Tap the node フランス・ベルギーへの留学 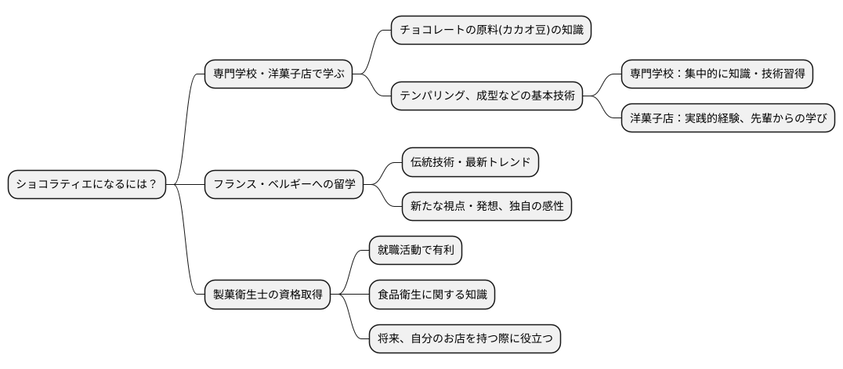[x=284, y=185]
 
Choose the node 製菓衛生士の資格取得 [x=267, y=295]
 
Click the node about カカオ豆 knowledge [x=490, y=31]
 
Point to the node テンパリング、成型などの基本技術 [x=487, y=96]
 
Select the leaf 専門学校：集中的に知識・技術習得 [x=717, y=74]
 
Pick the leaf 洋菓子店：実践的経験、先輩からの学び [x=728, y=118]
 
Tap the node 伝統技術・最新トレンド [x=470, y=163]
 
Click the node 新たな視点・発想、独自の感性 [x=487, y=207]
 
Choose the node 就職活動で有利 [x=416, y=251]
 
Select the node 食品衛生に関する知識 [x=432, y=295]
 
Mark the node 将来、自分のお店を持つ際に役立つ [x=465, y=338]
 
